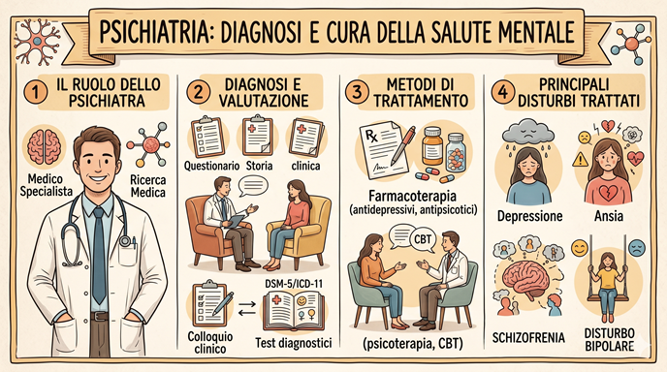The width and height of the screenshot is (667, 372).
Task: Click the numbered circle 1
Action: (36, 92)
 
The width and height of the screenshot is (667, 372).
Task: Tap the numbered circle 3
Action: (357, 92)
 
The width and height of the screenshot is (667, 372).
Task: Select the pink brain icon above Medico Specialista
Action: (44, 146)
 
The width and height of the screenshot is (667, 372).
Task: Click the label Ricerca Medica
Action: (148, 186)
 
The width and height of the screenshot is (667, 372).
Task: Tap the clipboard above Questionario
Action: (208, 138)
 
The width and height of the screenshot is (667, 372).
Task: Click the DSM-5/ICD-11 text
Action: (294, 284)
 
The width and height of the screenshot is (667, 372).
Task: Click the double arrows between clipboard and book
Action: (246, 309)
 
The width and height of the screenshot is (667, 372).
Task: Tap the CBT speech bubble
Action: (423, 239)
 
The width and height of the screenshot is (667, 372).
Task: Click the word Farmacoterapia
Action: (413, 196)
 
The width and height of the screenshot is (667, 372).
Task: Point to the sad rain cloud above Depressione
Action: (528, 132)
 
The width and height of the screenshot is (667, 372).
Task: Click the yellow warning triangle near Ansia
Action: (580, 160)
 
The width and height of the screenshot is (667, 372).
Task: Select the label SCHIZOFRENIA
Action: (528, 338)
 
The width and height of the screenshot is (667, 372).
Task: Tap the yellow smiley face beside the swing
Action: (580, 248)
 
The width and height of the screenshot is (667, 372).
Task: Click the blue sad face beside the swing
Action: (637, 248)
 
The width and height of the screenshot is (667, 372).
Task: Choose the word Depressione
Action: (529, 216)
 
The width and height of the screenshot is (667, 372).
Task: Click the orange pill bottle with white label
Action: (432, 146)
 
